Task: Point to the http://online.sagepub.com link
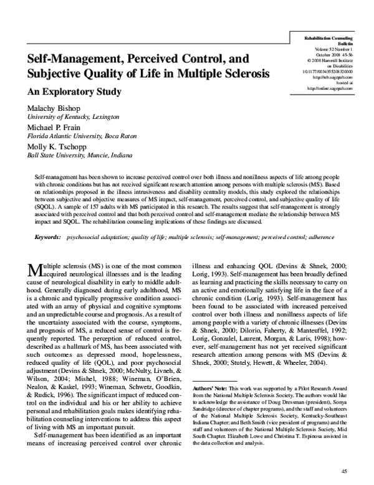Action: tap(330, 88)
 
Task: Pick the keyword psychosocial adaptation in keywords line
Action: tap(93, 238)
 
